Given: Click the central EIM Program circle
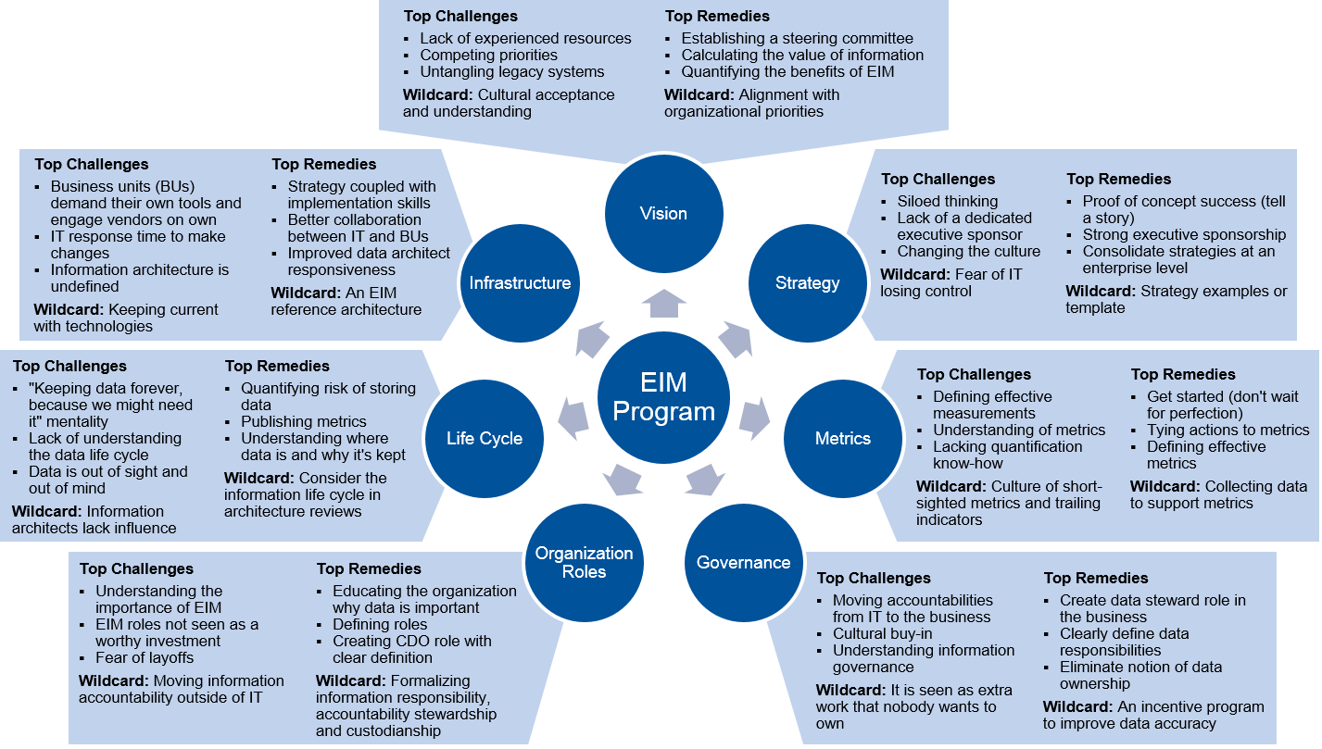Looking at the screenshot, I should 663,397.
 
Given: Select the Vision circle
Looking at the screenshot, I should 663,214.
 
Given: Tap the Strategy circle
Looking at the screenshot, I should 807,283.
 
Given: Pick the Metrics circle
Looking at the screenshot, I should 842,438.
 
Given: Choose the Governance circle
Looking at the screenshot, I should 743,562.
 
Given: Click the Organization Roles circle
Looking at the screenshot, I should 584,562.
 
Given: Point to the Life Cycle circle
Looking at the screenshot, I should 484,438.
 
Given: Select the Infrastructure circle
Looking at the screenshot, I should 520,283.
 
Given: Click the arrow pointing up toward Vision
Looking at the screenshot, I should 663,303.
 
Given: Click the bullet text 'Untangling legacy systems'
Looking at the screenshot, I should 511,72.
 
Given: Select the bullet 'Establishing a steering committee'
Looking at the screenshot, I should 797,39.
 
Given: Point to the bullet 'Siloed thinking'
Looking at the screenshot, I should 948,202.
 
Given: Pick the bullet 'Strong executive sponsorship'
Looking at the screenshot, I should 1184,235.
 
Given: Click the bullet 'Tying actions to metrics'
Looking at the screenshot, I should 1228,431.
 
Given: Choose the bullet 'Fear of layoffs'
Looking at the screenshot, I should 145,658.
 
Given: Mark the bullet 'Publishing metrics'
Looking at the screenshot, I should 304,422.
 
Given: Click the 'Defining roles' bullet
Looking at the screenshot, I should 380,625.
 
